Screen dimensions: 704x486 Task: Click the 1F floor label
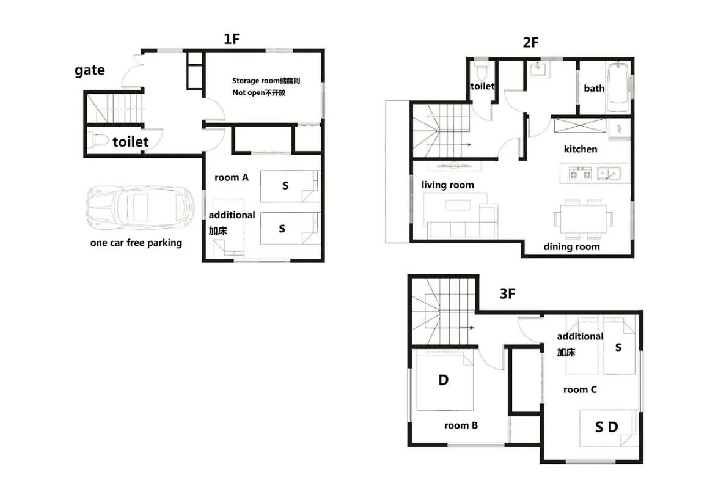[x=232, y=40]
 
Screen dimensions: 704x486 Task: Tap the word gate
[x=90, y=70]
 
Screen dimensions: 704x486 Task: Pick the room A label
[x=231, y=177]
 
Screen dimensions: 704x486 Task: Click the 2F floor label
[x=530, y=43]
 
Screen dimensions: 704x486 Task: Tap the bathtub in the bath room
[x=618, y=87]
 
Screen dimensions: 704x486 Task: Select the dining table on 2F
[x=583, y=219]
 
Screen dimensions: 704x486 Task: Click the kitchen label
[x=581, y=149]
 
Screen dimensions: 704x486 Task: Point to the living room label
[x=447, y=185]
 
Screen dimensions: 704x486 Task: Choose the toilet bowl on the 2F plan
[x=482, y=72]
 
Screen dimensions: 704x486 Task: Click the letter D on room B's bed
[x=444, y=380]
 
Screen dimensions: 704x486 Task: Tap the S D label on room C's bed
[x=607, y=427]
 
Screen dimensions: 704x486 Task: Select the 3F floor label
[x=507, y=294]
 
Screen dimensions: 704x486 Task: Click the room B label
[x=461, y=425]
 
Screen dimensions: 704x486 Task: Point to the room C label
[x=580, y=389]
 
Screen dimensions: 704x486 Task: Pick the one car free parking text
[x=136, y=243]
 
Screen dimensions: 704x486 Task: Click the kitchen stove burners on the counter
[x=580, y=172]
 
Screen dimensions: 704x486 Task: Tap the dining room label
[x=571, y=246]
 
